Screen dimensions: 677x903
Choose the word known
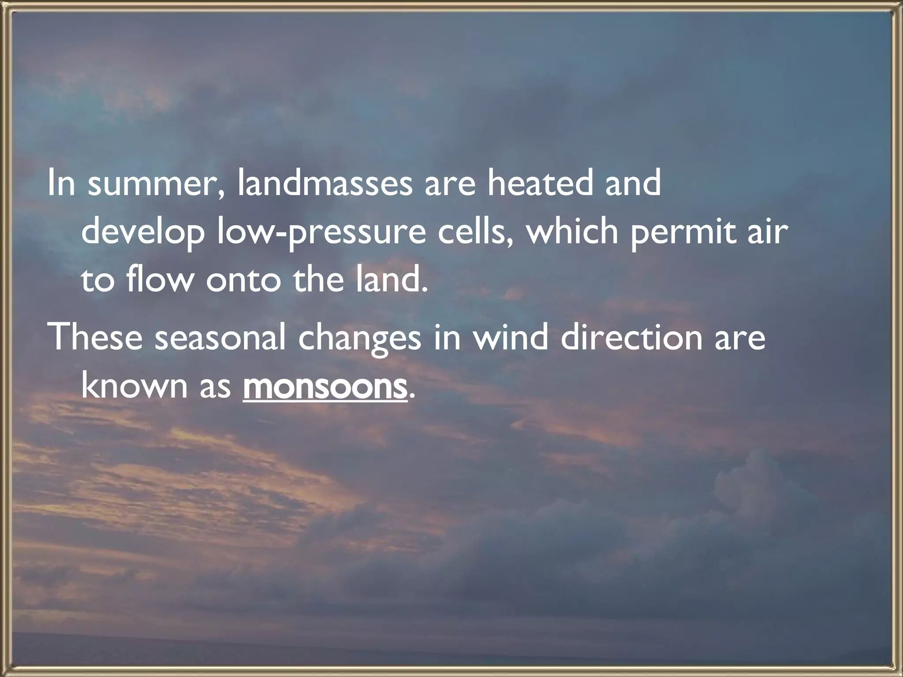point(134,386)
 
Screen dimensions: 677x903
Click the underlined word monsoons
point(325,386)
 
